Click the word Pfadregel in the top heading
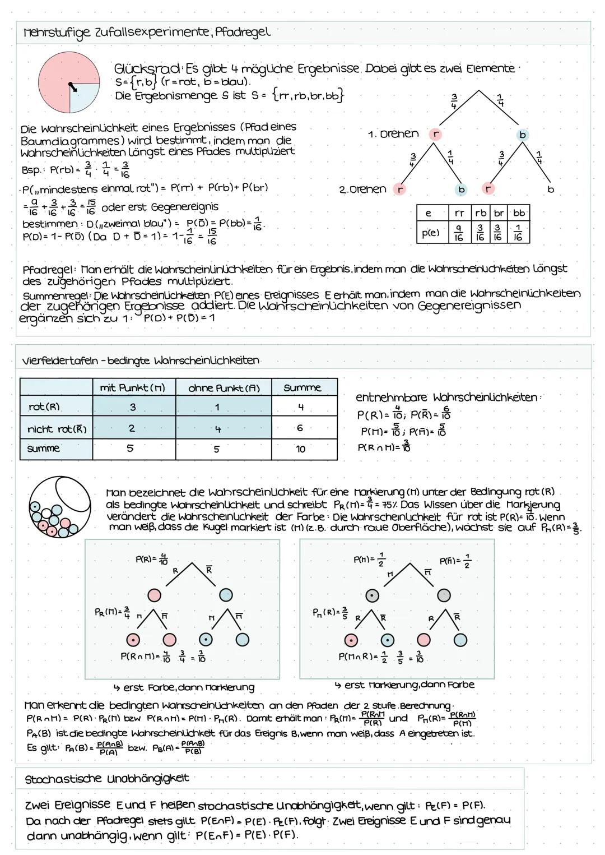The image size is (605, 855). [x=243, y=32]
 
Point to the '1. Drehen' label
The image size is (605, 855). [x=393, y=134]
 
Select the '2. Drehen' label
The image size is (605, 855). [x=362, y=190]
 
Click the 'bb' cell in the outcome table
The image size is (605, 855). [x=519, y=213]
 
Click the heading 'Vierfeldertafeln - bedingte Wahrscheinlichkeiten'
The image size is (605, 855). [x=140, y=361]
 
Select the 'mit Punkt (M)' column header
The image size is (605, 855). [x=133, y=388]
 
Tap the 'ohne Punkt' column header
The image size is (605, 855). [x=224, y=388]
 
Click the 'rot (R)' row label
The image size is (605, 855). [x=44, y=407]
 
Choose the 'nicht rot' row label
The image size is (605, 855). [x=57, y=429]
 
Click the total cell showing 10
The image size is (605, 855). [x=301, y=449]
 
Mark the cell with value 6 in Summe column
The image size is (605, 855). [x=300, y=428]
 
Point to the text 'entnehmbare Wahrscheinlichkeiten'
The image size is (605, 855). [x=449, y=398]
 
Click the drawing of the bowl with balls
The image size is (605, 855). [x=59, y=507]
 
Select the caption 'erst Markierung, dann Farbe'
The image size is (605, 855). [x=404, y=685]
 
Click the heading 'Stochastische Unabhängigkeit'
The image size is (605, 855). [x=106, y=779]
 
